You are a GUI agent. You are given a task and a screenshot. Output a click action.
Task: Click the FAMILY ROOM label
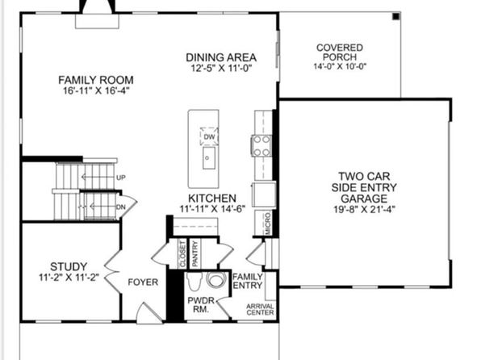point(96,80)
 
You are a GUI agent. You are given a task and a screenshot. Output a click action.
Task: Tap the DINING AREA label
point(221,57)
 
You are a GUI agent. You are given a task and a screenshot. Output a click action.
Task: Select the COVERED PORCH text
point(340,52)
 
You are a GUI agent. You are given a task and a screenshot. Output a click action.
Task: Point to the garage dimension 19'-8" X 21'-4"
point(364,209)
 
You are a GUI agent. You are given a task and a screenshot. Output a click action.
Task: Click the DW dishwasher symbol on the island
point(209,136)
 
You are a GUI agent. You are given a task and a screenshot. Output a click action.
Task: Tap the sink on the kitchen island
point(208,157)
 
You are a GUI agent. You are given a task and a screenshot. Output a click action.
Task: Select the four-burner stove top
point(261,146)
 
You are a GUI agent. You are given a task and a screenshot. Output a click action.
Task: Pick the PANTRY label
point(194,253)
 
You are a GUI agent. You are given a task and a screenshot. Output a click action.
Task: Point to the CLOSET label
point(182,253)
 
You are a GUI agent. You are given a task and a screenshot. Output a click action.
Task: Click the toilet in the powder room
point(194,281)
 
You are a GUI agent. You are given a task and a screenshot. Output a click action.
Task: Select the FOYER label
point(143,282)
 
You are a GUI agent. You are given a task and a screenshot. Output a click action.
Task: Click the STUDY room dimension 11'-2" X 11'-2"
point(69,277)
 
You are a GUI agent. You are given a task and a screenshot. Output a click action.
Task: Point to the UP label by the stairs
point(121,178)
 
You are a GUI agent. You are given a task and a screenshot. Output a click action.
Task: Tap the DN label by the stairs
point(121,207)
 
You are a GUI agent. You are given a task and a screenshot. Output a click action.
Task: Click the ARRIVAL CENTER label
point(260,309)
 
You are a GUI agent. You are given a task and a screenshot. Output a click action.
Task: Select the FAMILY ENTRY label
point(248,281)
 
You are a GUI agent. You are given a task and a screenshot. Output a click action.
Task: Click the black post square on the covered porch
point(396,17)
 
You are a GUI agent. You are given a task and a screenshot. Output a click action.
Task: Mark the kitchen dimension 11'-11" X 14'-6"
point(212,209)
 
